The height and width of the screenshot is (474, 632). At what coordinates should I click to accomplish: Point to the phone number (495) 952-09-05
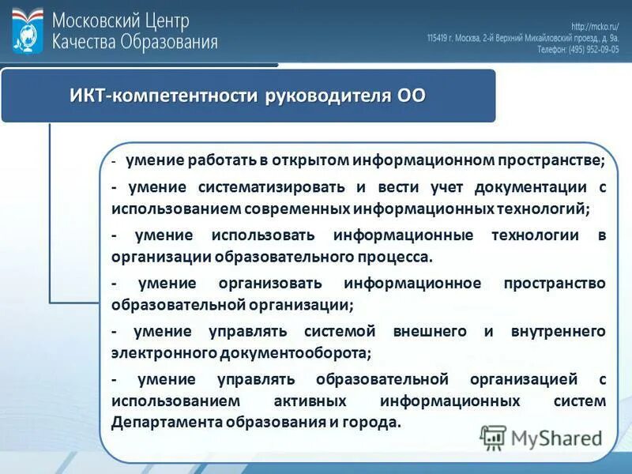pos(594,48)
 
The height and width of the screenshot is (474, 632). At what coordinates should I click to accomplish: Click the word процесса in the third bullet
pos(395,257)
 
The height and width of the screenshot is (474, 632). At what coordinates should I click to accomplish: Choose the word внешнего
pos(435,331)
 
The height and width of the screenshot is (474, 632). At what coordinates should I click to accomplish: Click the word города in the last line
pos(371,423)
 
